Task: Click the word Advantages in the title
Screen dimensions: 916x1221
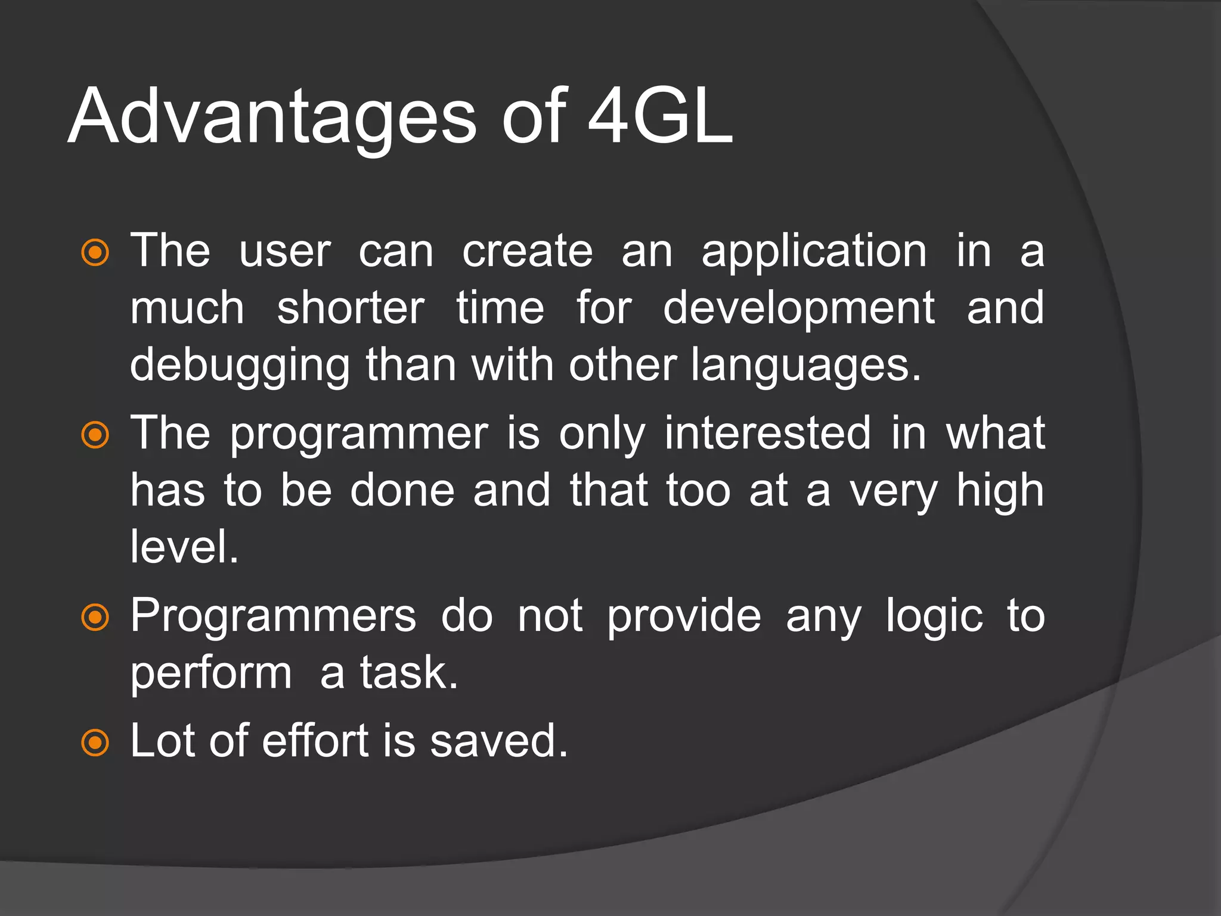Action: [272, 117]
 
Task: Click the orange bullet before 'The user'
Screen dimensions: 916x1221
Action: [95, 253]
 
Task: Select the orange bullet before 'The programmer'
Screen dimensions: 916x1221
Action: [95, 435]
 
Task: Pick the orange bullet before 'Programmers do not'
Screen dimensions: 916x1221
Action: [95, 617]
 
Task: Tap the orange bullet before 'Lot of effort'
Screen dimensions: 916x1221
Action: [95, 743]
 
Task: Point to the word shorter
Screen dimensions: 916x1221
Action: [351, 309]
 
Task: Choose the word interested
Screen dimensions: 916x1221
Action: [768, 433]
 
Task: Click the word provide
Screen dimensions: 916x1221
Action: [684, 617]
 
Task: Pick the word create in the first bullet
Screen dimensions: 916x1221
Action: [528, 252]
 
